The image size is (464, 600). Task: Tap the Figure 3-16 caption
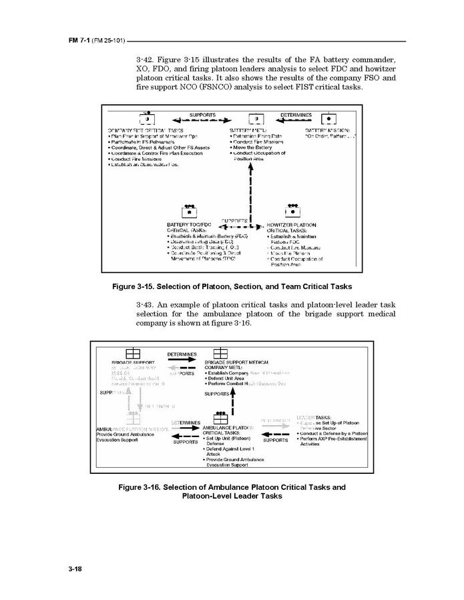pyautogui.click(x=232, y=491)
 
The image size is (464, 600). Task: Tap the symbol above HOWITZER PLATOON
pyautogui.click(x=291, y=212)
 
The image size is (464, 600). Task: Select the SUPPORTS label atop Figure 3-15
pyautogui.click(x=202, y=115)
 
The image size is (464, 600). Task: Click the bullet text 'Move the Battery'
pyautogui.click(x=257, y=147)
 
